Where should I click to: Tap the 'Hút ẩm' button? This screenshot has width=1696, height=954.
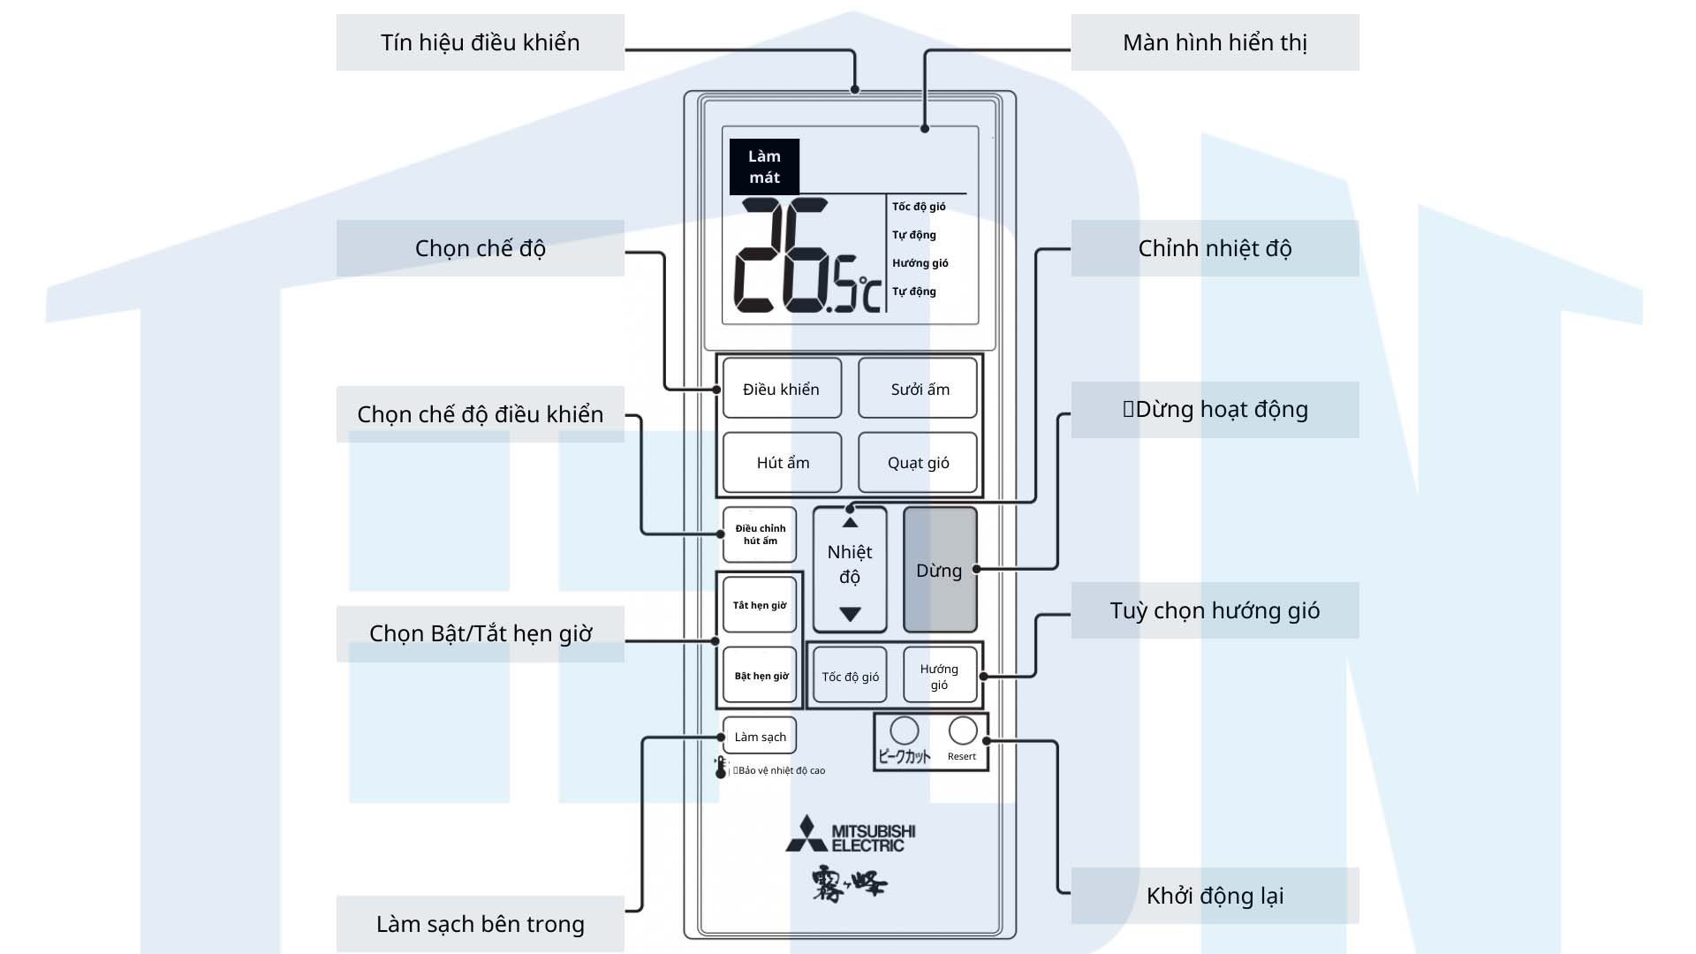coord(782,462)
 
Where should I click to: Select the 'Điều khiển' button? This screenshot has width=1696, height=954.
coord(782,389)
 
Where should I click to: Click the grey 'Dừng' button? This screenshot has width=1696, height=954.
coord(939,570)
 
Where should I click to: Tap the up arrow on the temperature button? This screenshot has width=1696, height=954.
coord(850,522)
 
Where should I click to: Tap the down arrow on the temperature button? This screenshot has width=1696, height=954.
coord(850,614)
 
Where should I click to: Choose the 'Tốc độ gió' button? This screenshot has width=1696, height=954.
coord(850,677)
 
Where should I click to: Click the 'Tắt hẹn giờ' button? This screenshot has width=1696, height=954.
coord(760,605)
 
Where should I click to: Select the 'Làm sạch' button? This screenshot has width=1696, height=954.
coord(760,737)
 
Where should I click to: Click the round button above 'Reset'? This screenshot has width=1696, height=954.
coord(962,731)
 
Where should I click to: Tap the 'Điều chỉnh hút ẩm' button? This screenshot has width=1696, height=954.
coord(760,534)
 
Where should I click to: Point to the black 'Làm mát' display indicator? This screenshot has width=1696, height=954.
coord(764,166)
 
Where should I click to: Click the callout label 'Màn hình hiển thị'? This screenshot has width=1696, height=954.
coord(1215,42)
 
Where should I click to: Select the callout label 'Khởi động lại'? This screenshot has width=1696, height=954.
coord(1215,896)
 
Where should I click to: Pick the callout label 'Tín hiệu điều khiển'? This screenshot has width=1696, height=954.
coord(480,42)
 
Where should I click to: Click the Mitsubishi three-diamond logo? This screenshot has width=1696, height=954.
coord(806,834)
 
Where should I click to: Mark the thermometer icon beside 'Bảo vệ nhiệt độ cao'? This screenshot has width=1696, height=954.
coord(721,767)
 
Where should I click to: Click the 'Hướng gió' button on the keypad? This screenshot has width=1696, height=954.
coord(939,677)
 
